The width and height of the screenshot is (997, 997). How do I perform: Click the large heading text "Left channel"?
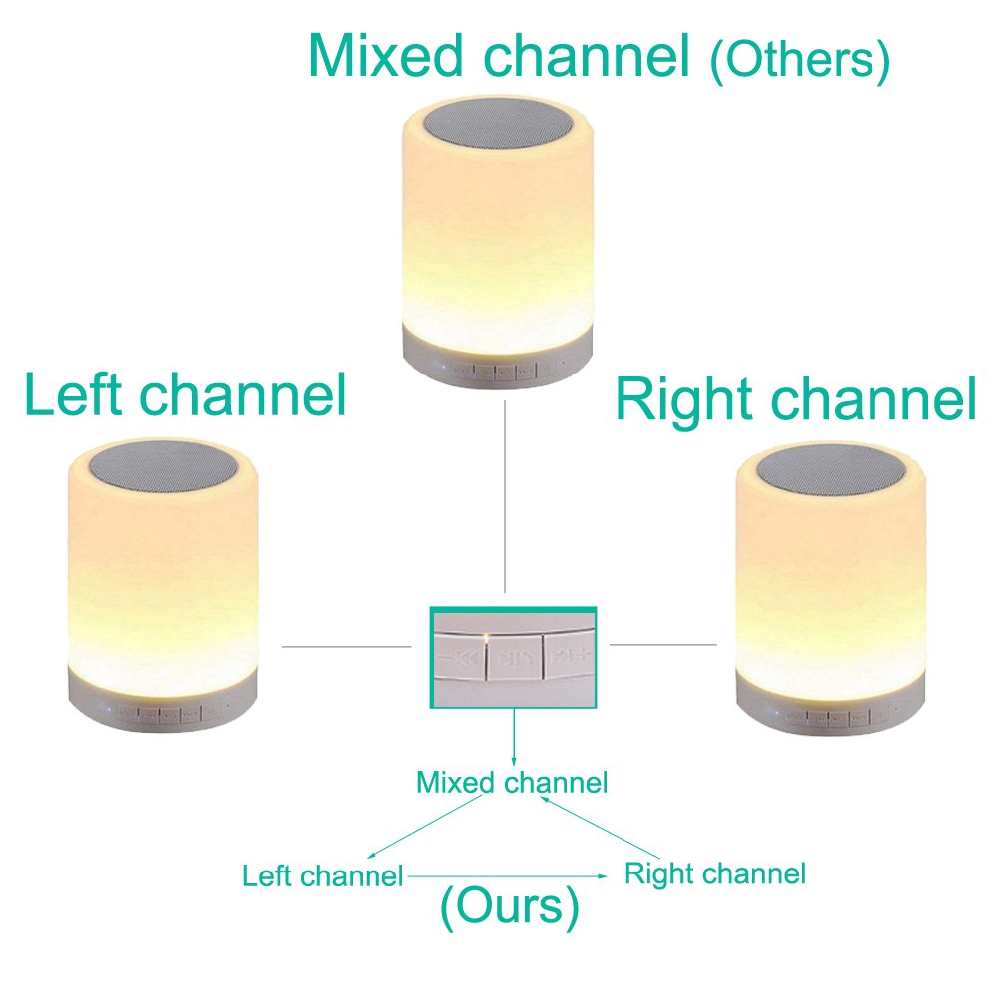(x=185, y=395)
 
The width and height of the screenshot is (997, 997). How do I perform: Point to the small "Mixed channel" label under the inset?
(x=512, y=783)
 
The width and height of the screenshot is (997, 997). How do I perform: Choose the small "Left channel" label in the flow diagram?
(x=323, y=876)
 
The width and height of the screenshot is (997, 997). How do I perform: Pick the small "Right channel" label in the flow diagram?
(x=714, y=874)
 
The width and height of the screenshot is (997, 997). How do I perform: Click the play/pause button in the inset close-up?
(x=513, y=658)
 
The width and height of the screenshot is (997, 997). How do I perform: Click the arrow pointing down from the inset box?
(x=514, y=737)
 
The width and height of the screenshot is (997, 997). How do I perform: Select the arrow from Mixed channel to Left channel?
(x=428, y=827)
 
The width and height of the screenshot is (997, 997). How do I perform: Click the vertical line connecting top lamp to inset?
(x=505, y=498)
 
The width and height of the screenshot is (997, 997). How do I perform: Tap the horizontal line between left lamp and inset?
(x=347, y=646)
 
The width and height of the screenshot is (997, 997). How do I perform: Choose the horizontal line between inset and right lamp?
(x=662, y=644)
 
